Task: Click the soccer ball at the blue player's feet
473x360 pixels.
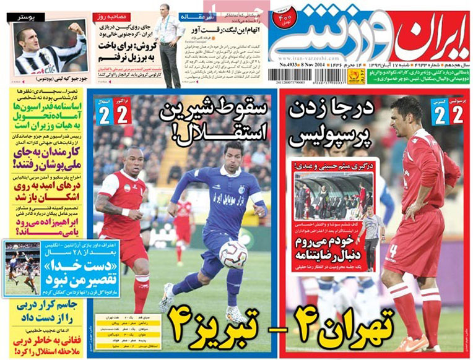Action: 233,254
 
